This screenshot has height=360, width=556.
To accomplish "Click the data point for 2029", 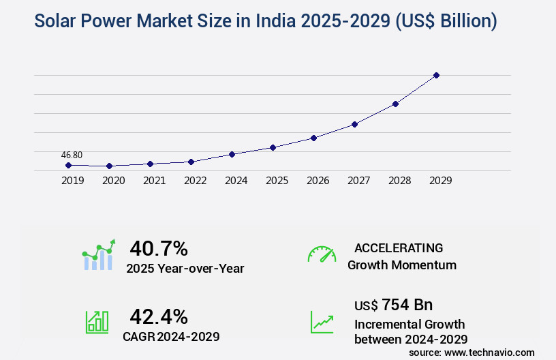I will (x=437, y=75).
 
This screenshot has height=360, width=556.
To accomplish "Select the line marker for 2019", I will (x=68, y=165).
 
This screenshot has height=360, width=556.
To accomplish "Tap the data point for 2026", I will (x=313, y=138).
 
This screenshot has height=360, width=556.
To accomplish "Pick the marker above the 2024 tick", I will (x=232, y=154).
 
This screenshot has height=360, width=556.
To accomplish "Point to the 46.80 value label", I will (x=72, y=155).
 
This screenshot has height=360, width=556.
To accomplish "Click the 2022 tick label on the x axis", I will (x=195, y=181).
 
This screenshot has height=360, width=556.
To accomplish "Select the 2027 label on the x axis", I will (x=358, y=181).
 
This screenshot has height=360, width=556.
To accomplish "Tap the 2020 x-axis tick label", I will (x=113, y=181).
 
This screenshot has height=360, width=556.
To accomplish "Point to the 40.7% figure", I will (x=159, y=248).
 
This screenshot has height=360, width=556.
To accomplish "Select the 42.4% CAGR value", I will (x=159, y=316).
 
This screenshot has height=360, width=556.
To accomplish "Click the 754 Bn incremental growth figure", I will (x=407, y=304).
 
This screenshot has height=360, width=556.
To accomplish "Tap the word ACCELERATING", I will (x=399, y=247).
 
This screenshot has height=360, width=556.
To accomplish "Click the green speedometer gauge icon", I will (x=322, y=254).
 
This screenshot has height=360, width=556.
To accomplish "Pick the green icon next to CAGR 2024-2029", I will (x=97, y=322).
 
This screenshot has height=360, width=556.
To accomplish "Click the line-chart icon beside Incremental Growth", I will (x=322, y=322).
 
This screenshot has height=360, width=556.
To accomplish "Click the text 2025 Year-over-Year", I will (x=185, y=269).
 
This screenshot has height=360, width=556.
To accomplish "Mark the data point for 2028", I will (x=395, y=104).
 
